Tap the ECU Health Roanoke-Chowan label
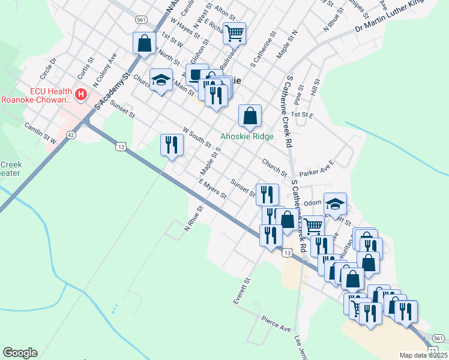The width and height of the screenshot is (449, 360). tap(36, 95)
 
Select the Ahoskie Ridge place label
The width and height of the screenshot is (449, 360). tap(247, 136)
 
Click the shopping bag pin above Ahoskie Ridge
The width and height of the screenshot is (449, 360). tap(250, 115)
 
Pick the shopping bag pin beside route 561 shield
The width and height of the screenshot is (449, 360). tap(144, 43)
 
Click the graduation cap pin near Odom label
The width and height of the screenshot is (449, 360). tap(335, 204)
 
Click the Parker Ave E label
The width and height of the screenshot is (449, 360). tap(316, 168)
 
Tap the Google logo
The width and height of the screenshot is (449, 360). tap(20, 353)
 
